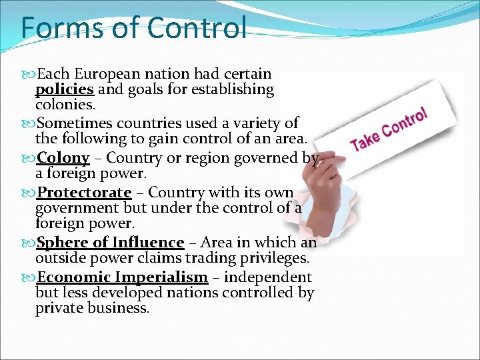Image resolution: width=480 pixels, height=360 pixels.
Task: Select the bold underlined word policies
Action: (64, 89)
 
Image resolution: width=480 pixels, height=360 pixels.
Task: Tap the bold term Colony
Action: (63, 158)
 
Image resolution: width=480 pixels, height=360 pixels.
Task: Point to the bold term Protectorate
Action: (85, 193)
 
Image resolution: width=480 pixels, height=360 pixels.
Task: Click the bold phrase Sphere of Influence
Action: (111, 243)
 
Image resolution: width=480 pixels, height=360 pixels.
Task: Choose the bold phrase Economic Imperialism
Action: (123, 277)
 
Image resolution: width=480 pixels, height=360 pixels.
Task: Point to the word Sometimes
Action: (76, 123)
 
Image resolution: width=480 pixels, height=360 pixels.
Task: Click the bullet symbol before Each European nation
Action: (29, 73)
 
